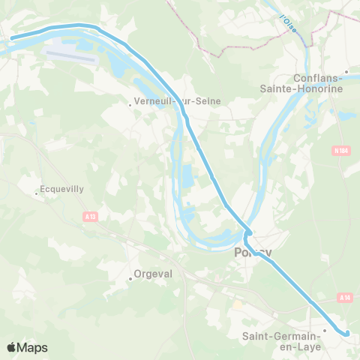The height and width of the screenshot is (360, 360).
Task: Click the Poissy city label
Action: coord(253,253)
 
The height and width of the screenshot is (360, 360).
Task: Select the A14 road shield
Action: coord(344,298)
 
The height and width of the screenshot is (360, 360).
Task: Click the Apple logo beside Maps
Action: coord(12,347)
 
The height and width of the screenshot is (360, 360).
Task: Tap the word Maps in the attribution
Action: coord(33,347)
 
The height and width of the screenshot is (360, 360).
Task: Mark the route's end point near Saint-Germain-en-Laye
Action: coord(347,333)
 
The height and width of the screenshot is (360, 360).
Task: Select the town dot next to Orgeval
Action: coord(130,279)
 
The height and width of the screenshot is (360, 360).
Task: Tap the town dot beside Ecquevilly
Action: coord(36,195)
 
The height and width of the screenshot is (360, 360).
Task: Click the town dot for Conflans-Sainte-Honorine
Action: coord(346,73)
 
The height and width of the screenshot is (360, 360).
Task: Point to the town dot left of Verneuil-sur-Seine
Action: coord(130,106)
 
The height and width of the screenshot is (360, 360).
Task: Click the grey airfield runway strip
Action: coord(70,55)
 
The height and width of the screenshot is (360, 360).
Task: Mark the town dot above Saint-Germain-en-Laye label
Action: coord(325,330)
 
